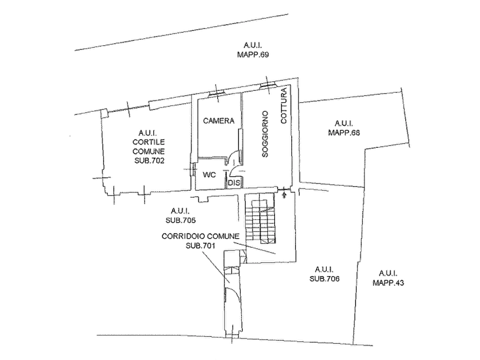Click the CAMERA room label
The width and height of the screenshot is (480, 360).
(x=219, y=121)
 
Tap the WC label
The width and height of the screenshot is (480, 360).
(x=210, y=175)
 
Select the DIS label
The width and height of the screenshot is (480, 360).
(x=234, y=183)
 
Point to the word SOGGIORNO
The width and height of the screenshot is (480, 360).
(x=265, y=134)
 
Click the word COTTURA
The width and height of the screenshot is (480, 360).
(x=284, y=106)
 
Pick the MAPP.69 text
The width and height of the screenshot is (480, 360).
(x=253, y=55)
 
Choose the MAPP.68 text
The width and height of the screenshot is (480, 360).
(x=344, y=133)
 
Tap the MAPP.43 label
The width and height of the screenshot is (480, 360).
(x=388, y=283)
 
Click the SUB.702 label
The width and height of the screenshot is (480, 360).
(x=149, y=161)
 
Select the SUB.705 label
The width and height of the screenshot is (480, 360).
(x=181, y=220)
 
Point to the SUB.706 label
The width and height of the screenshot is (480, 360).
(x=325, y=279)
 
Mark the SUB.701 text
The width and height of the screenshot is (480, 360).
(x=200, y=246)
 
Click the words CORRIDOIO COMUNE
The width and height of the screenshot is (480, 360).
(x=200, y=236)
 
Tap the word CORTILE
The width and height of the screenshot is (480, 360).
(x=148, y=142)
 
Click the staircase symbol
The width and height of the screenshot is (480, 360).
(x=261, y=219)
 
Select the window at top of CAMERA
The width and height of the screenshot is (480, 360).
(x=217, y=93)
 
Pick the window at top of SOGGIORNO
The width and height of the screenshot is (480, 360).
(x=268, y=85)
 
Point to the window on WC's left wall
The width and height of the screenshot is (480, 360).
(x=193, y=169)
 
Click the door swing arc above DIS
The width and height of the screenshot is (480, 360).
(x=233, y=155)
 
